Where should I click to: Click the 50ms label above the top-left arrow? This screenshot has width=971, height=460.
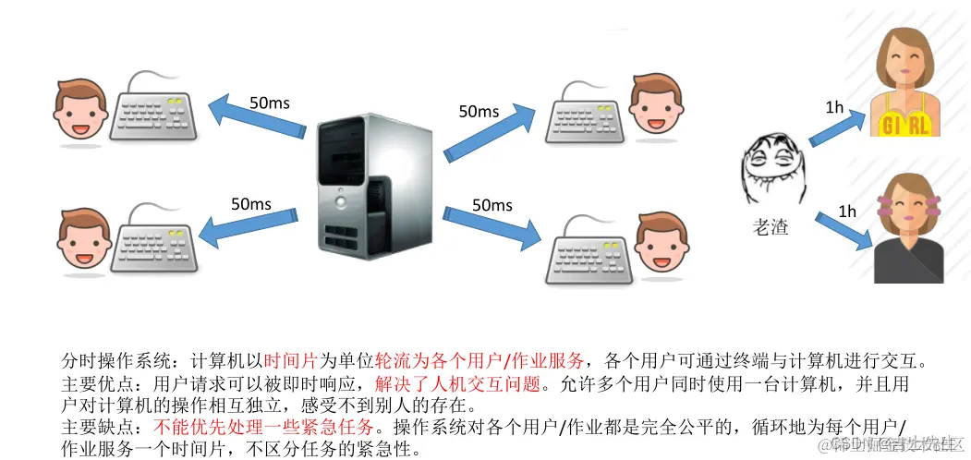(x=269, y=103)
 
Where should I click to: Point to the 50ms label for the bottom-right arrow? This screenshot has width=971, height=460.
(x=492, y=204)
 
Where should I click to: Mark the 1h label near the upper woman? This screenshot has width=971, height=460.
(x=834, y=108)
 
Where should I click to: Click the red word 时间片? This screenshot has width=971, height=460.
(x=291, y=359)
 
